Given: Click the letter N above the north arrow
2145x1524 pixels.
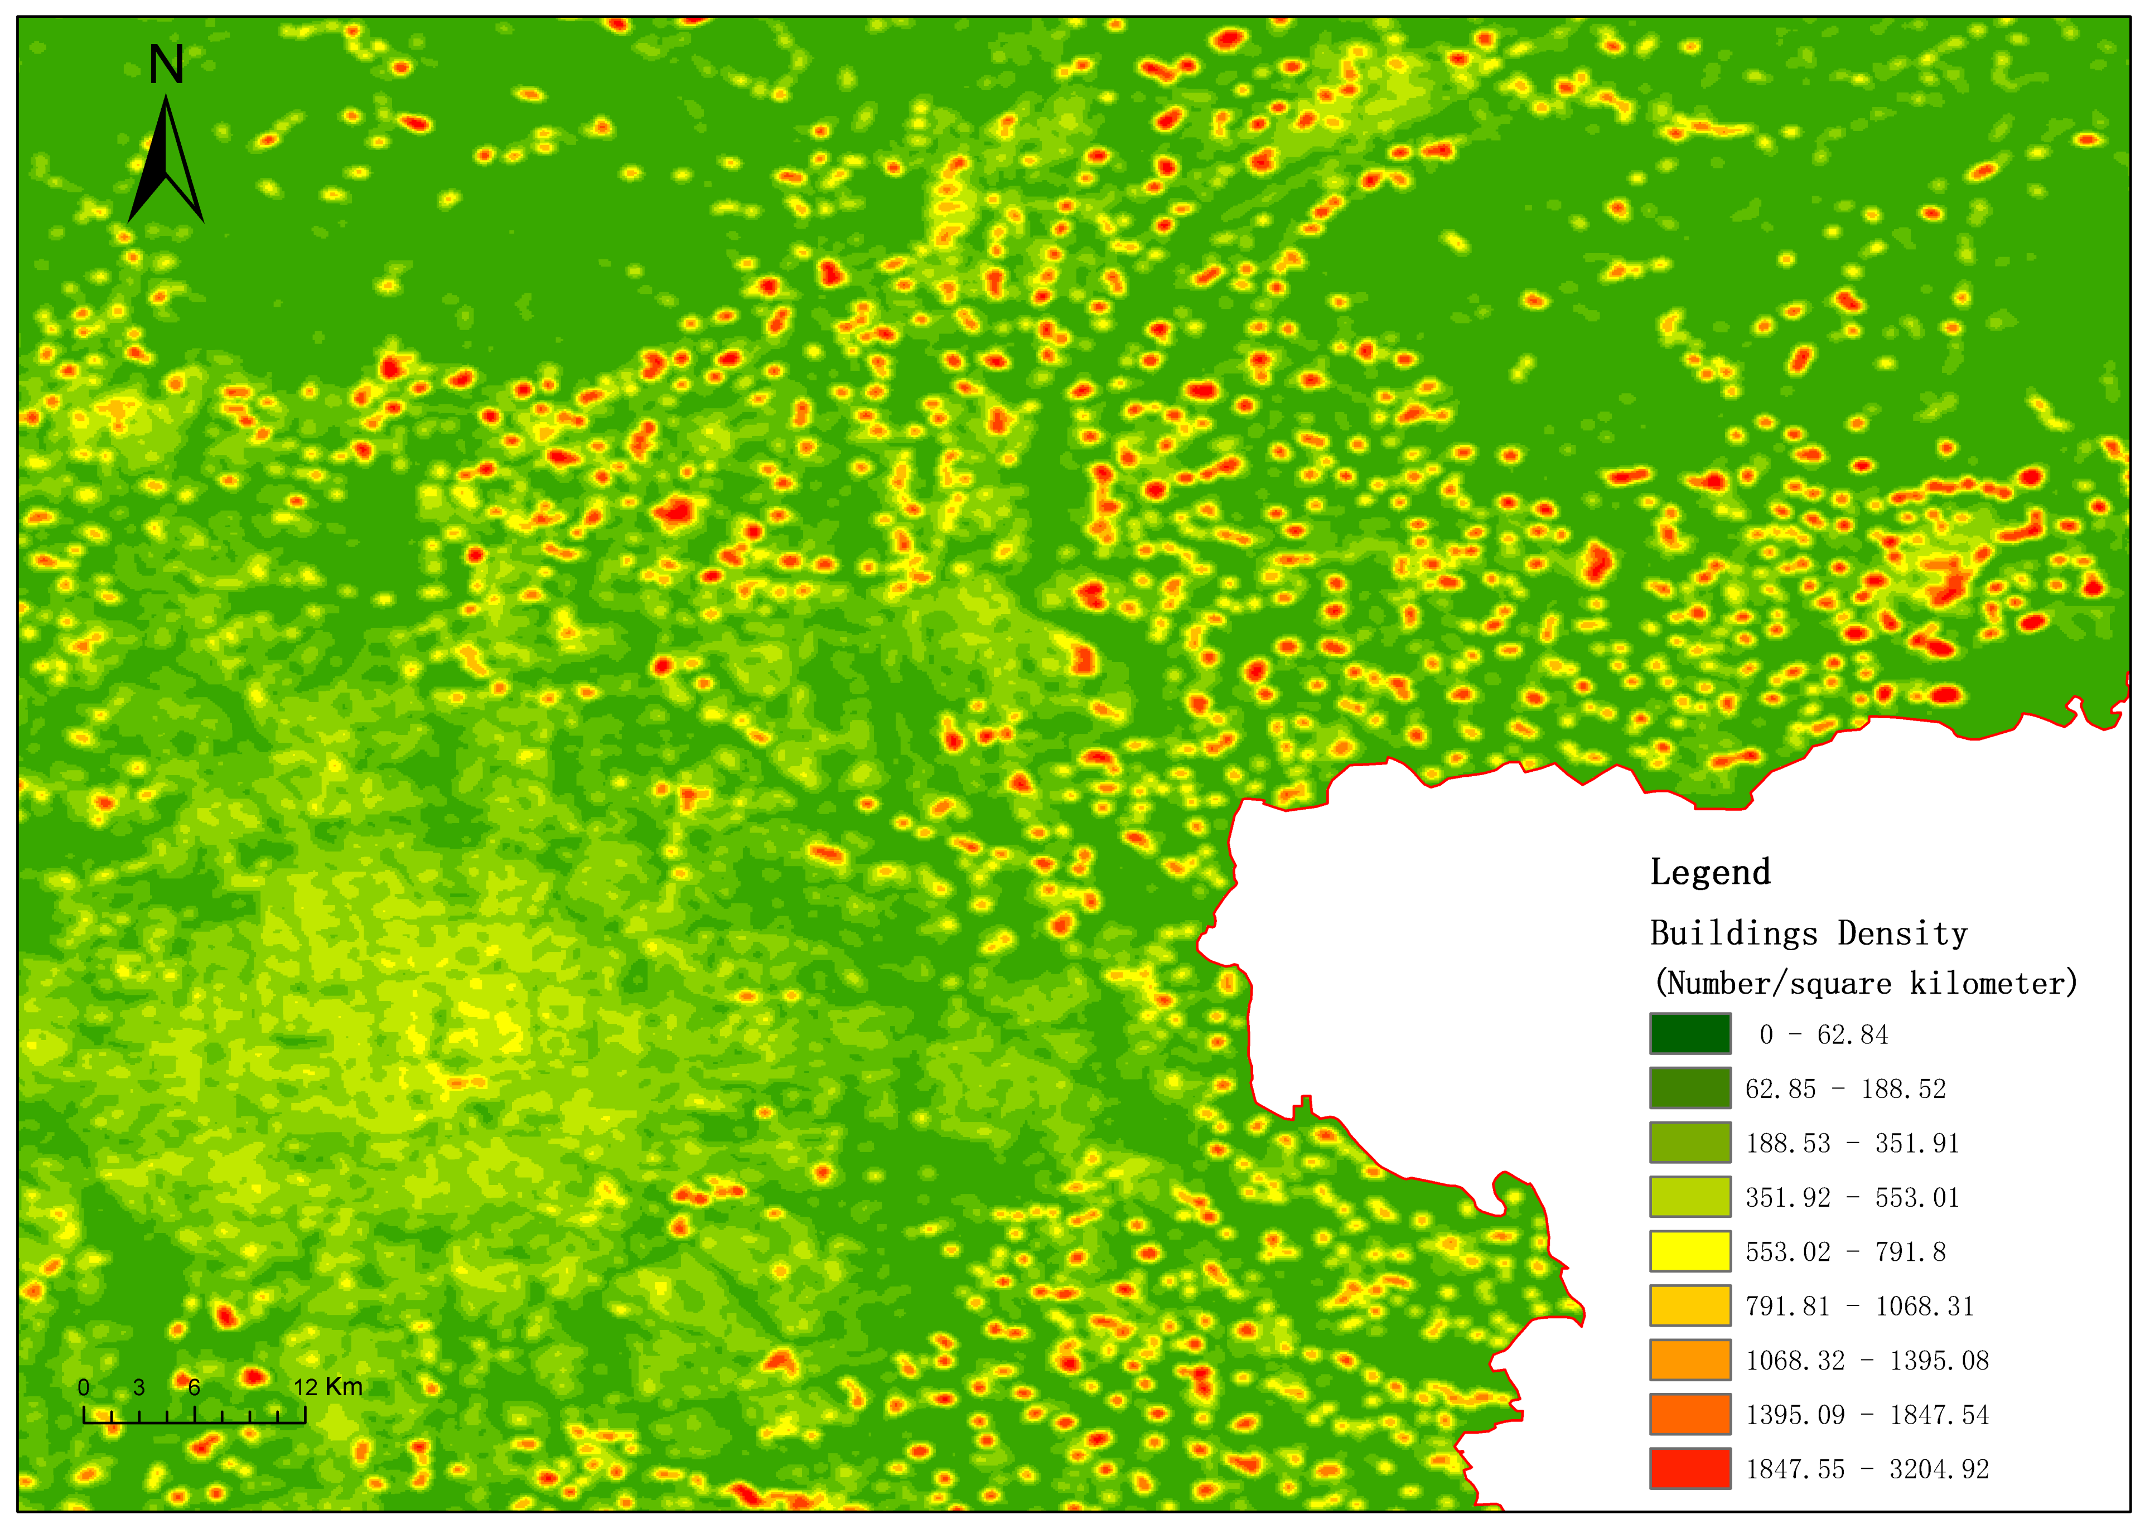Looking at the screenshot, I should pyautogui.click(x=166, y=66).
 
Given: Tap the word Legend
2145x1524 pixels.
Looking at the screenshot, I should pyautogui.click(x=1709, y=872).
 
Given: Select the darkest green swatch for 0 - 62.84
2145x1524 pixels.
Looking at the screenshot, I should pyautogui.click(x=1690, y=1034).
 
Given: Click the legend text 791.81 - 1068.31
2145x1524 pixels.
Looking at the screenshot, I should pyautogui.click(x=1859, y=1307).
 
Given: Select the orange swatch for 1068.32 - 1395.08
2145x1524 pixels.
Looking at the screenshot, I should pyautogui.click(x=1690, y=1359).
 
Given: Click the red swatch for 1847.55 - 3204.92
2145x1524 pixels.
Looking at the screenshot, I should pyautogui.click(x=1690, y=1469).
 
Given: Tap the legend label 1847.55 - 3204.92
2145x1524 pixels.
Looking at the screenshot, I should pyautogui.click(x=1866, y=1469).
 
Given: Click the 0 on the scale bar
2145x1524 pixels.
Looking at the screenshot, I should pyautogui.click(x=84, y=1387).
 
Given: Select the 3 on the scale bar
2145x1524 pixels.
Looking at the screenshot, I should pyautogui.click(x=139, y=1387).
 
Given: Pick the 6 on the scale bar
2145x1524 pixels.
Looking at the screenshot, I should pyautogui.click(x=194, y=1387).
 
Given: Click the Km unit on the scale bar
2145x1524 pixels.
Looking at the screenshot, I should pyautogui.click(x=344, y=1387).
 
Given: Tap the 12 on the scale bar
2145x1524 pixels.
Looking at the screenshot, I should pyautogui.click(x=305, y=1387).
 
